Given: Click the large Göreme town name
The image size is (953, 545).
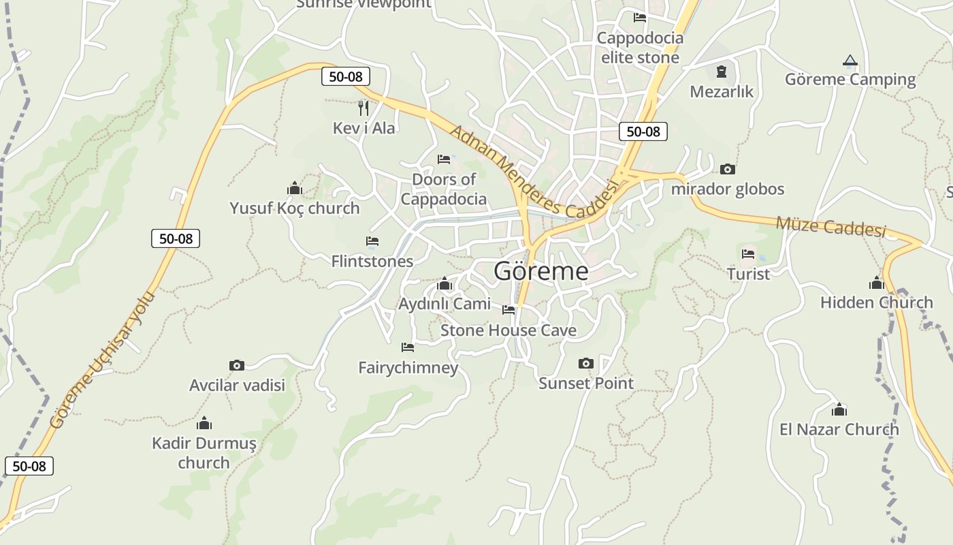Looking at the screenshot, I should point(541,271).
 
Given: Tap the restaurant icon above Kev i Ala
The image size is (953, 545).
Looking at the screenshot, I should point(364,108).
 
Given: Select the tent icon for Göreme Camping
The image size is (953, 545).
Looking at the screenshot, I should point(850,61).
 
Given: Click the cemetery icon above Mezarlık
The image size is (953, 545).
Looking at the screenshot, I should point(722,71).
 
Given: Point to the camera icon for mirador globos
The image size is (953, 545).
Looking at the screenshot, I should point(727,169).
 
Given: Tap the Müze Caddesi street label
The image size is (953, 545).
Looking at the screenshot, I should point(830,226).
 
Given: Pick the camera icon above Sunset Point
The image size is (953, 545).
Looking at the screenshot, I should point(585,363).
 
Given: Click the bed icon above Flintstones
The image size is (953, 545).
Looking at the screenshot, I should point(372,241).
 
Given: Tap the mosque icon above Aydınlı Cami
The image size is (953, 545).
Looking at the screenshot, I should point(444,283).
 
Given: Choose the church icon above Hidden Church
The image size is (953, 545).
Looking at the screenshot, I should point(876,282).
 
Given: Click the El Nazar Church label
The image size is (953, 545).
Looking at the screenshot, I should point(839,429).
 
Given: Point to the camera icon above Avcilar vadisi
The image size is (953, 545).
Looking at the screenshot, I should point(236,365).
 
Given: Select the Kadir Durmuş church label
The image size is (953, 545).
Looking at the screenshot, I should point(204,453).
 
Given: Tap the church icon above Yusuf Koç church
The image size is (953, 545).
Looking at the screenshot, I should point(294,188).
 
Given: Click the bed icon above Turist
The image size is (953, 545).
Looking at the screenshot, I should point(747,254).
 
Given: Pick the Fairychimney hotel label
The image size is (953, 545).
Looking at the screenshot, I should point(408,368).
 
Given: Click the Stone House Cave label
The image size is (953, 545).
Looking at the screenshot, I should point(508,330).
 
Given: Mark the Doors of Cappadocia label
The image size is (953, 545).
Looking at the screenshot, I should point(443,189).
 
